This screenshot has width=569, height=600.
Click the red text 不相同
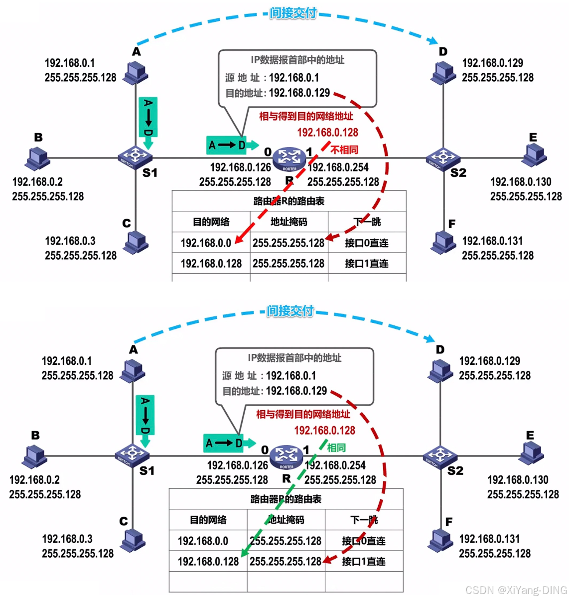pos(344,150)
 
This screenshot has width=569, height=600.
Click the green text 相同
pos(336,448)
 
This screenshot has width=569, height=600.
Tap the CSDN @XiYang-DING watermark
pos(516,590)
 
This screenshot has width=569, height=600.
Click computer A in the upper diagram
pos(136,73)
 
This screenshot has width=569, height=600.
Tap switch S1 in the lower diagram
pos(132,455)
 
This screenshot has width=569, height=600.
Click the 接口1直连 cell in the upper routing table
pos(367,263)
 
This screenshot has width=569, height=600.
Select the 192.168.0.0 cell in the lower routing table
pos(203,541)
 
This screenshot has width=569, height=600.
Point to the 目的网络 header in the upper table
pos(211,222)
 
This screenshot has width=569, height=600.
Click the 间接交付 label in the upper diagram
pos(293,13)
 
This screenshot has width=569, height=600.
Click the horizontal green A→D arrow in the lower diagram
pos(229,443)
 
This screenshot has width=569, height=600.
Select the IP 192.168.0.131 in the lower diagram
pos(489,539)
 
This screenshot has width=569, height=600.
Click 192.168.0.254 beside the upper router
pos(338,167)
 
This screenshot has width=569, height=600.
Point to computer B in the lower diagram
pos(35,455)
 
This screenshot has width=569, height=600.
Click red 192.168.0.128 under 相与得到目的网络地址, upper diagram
pos(327,132)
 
